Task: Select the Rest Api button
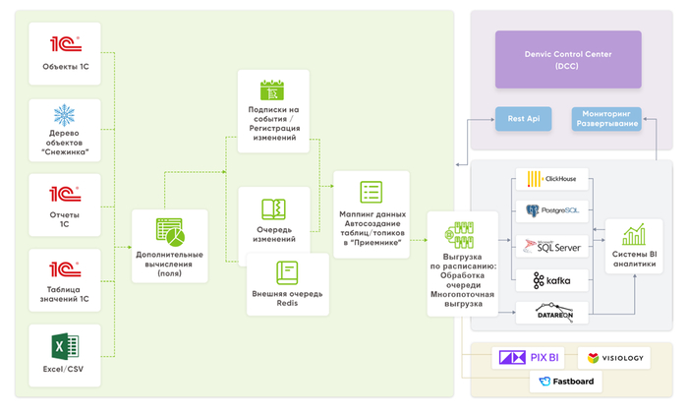[x=522, y=118]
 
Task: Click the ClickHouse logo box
[x=551, y=179]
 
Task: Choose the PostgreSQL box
[x=551, y=209]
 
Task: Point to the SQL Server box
[x=551, y=246]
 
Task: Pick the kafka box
[x=551, y=281]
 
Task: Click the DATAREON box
[x=551, y=312]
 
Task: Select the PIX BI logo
[x=531, y=357]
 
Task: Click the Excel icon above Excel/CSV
[x=66, y=346]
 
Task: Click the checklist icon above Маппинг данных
[x=371, y=193]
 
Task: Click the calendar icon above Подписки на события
[x=272, y=90]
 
